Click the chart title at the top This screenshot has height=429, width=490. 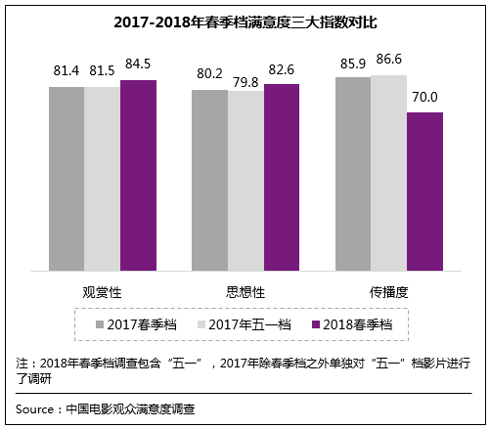(x=245, y=21)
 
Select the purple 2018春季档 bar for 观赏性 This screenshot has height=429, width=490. (x=138, y=175)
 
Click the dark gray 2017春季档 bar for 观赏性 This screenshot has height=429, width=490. (x=67, y=178)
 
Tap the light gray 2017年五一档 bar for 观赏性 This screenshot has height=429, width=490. (x=102, y=178)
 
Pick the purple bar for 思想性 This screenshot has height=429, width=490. (x=282, y=177)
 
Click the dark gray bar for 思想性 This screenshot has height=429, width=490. (x=209, y=180)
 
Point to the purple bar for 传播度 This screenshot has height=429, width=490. (x=424, y=192)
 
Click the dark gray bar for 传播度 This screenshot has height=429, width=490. (x=353, y=173)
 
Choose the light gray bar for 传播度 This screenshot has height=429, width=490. (x=388, y=172)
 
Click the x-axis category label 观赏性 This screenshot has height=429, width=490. (x=102, y=291)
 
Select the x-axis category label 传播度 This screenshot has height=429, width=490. (x=388, y=291)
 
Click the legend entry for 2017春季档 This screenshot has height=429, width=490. (x=132, y=323)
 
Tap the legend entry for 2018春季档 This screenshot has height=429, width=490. (x=351, y=323)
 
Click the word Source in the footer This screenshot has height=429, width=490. (x=35, y=408)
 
